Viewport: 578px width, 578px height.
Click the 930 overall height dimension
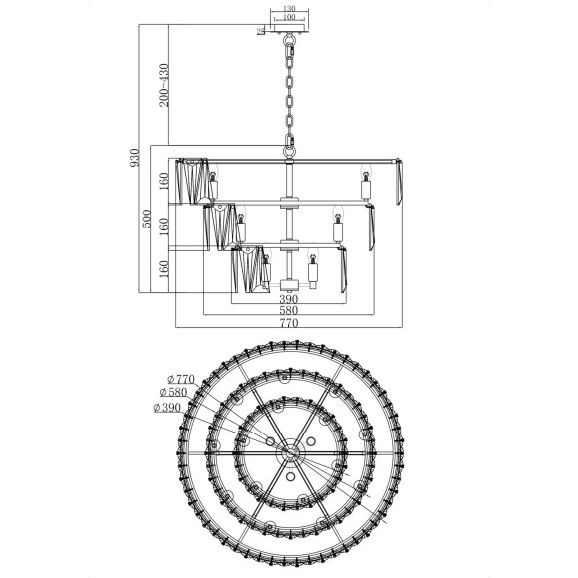click(x=135, y=157)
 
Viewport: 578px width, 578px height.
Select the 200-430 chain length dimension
click(x=164, y=85)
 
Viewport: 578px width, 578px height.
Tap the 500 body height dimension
click(x=146, y=219)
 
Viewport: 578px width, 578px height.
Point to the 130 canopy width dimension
click(x=289, y=9)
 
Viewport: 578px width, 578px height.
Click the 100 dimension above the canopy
click(x=289, y=17)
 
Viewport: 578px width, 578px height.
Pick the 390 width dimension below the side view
click(x=289, y=299)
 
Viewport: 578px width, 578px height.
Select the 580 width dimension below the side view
click(x=289, y=310)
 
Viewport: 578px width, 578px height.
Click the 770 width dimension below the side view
click(x=289, y=323)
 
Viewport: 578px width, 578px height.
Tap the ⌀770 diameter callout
click(x=181, y=379)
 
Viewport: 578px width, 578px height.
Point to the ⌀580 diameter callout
click(x=174, y=392)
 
